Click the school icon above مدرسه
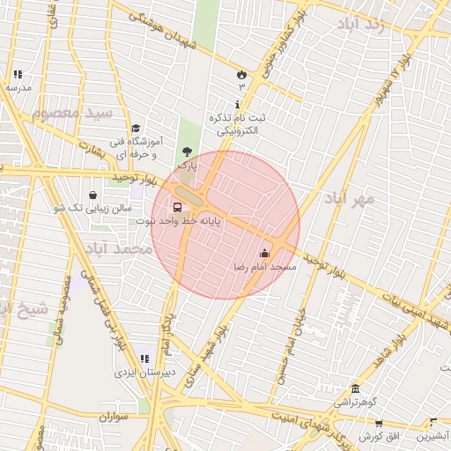18,75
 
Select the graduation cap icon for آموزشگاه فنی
135,129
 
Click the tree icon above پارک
186,152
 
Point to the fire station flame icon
241,76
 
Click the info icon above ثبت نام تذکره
237,104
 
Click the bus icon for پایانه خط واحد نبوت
179,209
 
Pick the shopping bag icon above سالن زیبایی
93,195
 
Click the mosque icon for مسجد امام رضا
264,254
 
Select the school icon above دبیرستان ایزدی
144,359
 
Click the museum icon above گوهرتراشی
354,388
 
